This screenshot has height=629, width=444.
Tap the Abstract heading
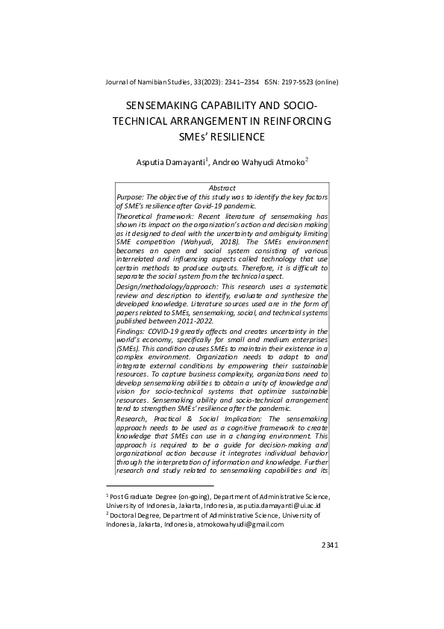coord(222,188)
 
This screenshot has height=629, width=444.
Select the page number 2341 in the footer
coord(329,545)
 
